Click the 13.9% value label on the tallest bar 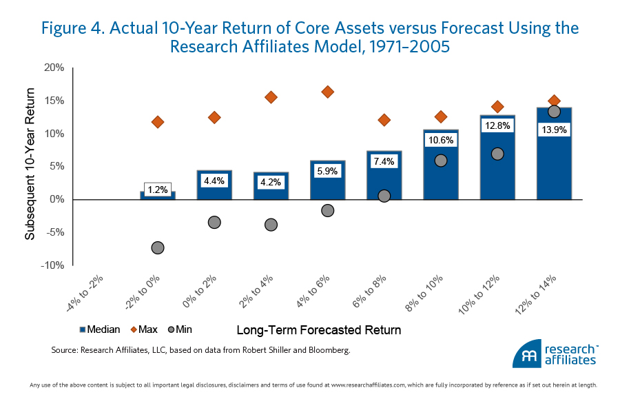(x=554, y=129)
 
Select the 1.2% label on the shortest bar (x=158, y=188)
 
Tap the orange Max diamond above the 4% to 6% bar (x=328, y=92)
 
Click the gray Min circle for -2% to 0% (x=158, y=247)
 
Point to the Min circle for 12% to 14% (x=554, y=112)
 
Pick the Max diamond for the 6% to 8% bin (x=384, y=120)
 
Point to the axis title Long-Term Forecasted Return (x=318, y=330)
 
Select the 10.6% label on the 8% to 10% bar (x=441, y=139)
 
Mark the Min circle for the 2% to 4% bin (x=271, y=225)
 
